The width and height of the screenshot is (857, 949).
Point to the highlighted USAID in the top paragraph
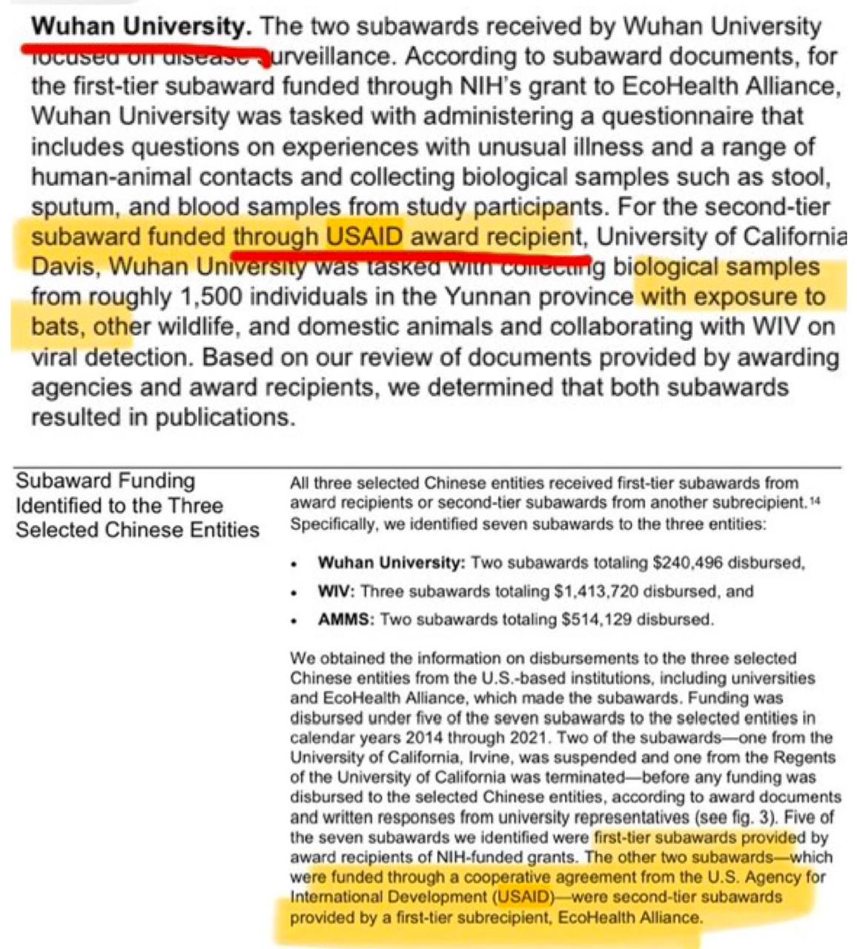click(365, 237)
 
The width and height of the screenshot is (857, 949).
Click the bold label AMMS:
click(345, 619)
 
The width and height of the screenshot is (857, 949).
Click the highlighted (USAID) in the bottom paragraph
click(524, 897)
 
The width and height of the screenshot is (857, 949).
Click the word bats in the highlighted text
click(56, 327)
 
